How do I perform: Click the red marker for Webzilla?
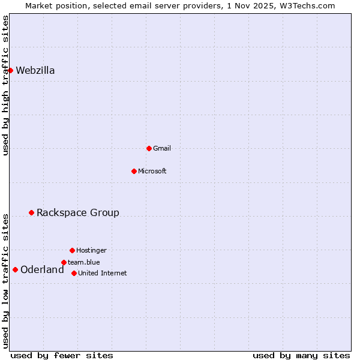tap(10, 70)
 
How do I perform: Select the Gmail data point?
tap(149, 148)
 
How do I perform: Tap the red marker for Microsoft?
tap(134, 171)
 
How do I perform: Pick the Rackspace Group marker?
tap(31, 212)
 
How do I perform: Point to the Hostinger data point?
tap(72, 250)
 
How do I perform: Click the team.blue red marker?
tap(64, 262)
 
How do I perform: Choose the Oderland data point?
tap(15, 269)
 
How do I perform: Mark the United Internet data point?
tap(74, 273)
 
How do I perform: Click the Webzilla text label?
tap(35, 70)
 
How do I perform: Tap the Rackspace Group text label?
tap(78, 212)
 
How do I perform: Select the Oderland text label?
tap(42, 269)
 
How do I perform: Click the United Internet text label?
tap(103, 273)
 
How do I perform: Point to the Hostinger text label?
tap(91, 250)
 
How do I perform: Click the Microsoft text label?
tap(152, 171)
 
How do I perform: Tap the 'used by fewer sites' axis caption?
tap(62, 355)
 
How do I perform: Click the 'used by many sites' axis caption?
tap(301, 355)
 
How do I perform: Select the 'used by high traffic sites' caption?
tap(5, 85)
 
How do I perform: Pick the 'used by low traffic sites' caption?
tap(5, 281)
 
